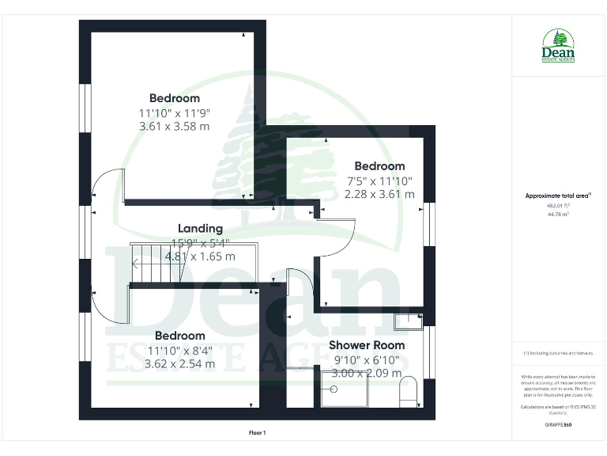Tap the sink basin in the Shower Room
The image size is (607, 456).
[409, 321]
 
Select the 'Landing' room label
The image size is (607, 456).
[200, 229]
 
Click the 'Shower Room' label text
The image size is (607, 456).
[367, 345]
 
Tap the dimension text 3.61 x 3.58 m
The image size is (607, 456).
[174, 127]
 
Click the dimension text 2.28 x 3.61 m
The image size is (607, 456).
[379, 194]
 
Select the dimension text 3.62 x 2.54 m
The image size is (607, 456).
[179, 364]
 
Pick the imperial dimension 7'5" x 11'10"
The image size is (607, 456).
[379, 180]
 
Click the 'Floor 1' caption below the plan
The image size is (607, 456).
[258, 433]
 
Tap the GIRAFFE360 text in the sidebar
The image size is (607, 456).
[558, 425]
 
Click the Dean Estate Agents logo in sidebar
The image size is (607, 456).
[558, 45]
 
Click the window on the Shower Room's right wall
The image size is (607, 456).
[430, 351]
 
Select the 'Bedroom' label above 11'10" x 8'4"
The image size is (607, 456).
[179, 336]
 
